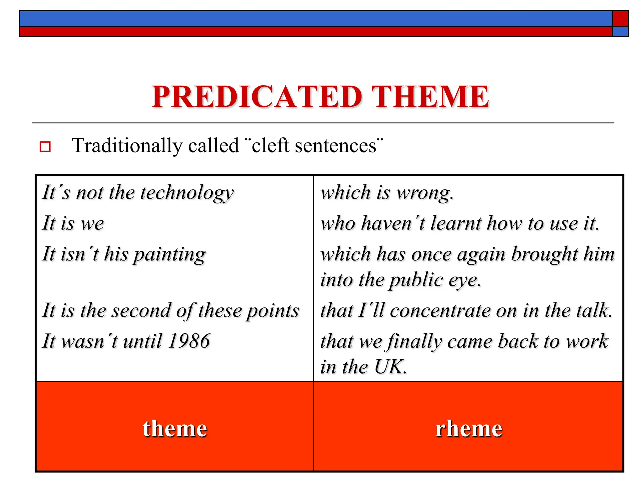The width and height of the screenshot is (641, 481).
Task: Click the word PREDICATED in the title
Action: click(257, 97)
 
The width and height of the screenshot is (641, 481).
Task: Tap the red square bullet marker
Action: click(45, 147)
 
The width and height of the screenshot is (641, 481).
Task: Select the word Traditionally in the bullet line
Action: click(127, 146)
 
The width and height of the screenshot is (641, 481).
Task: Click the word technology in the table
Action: click(187, 193)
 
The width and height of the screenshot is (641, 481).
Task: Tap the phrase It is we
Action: click(73, 223)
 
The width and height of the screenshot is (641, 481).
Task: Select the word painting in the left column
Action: click(169, 254)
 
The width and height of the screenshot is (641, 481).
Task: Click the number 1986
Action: click(189, 341)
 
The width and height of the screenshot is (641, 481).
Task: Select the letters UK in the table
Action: click(389, 367)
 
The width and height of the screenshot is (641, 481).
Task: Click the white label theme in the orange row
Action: click(175, 428)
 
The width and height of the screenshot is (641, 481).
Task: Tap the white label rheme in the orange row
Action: click(469, 428)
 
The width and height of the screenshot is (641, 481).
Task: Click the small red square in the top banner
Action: click(620, 19)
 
